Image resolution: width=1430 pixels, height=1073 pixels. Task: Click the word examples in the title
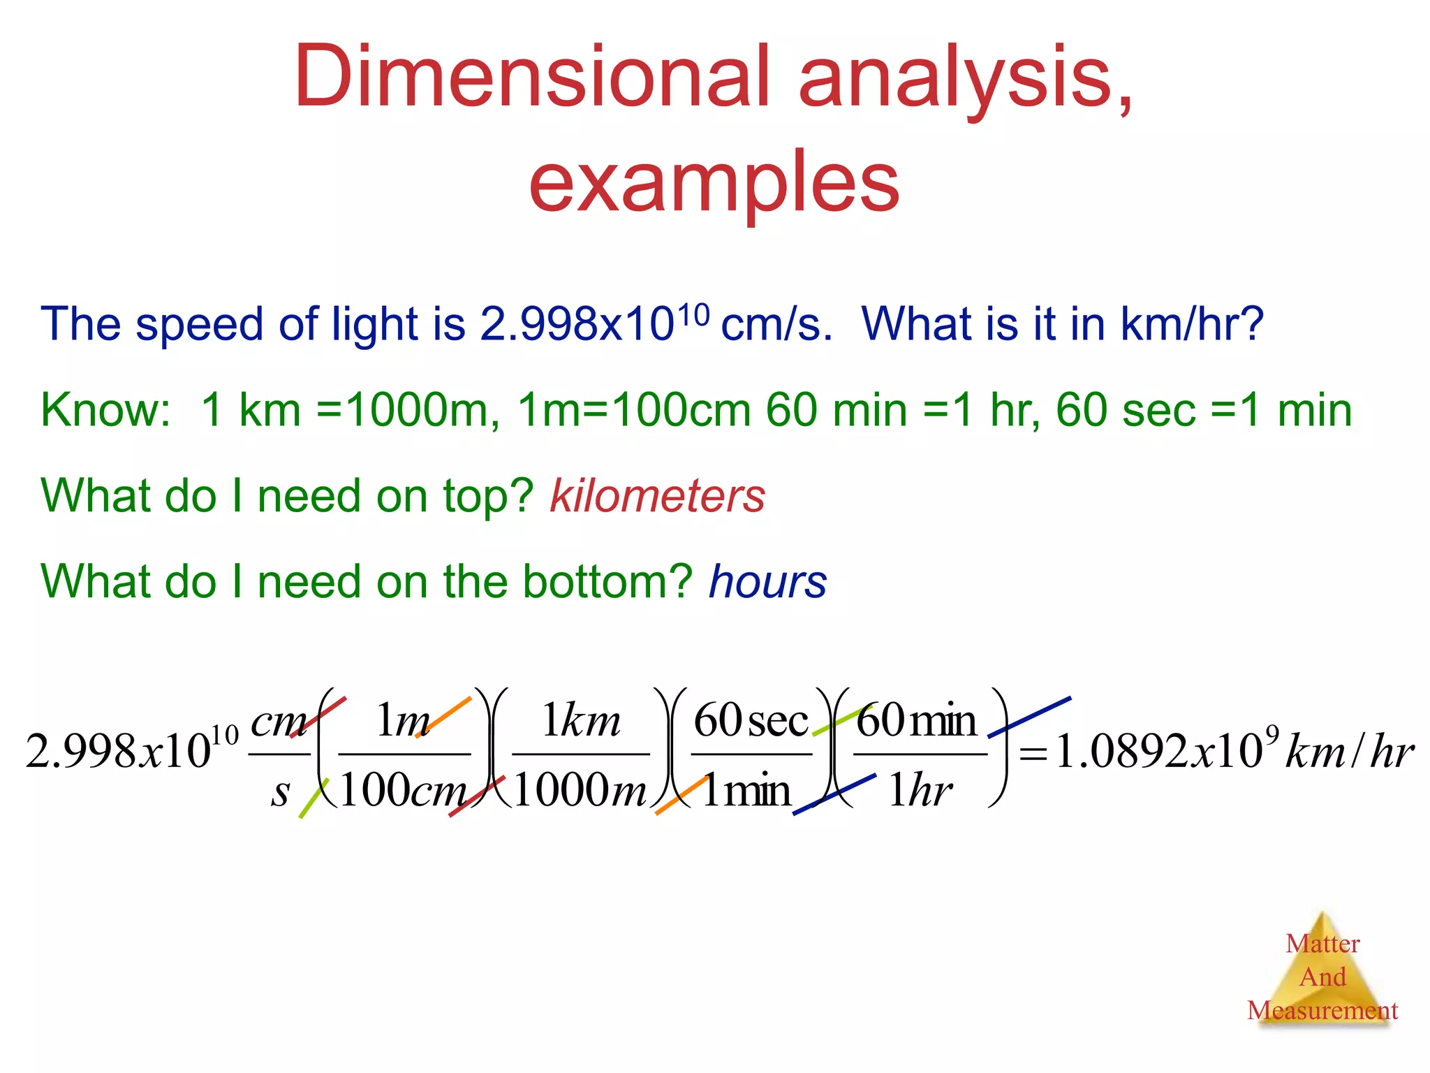click(x=714, y=183)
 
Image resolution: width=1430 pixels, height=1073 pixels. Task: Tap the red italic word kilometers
click(x=657, y=496)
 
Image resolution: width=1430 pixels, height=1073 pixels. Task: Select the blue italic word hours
click(x=767, y=582)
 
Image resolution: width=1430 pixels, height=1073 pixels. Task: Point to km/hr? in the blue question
click(x=1192, y=324)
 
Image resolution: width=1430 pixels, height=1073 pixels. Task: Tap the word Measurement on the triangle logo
click(x=1322, y=1010)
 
